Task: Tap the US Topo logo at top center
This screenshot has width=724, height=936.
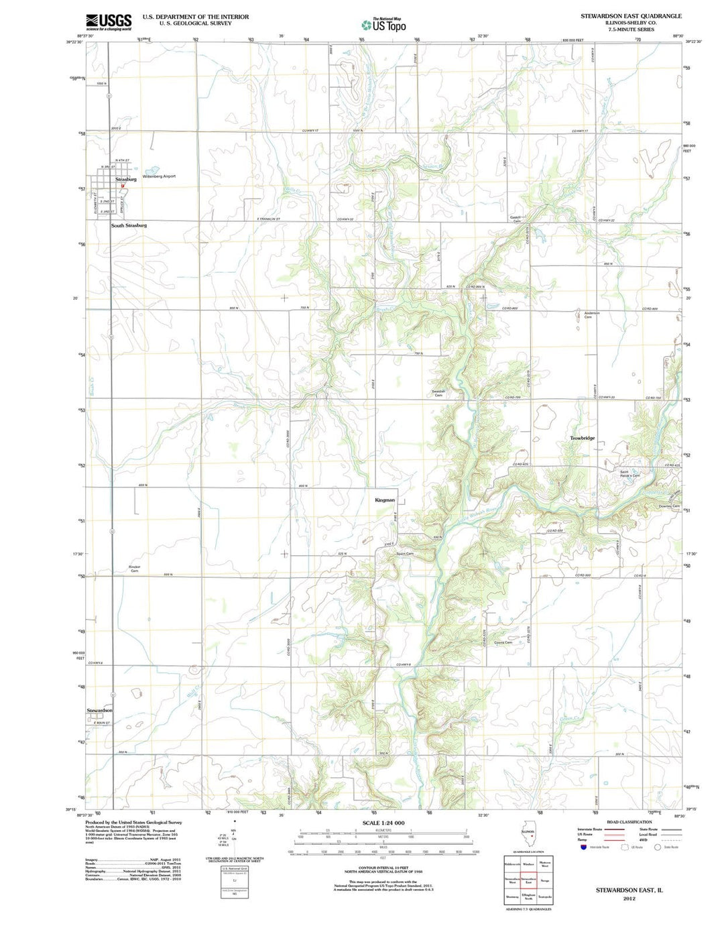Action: click(383, 25)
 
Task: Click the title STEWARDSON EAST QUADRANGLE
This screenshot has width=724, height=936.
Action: click(631, 15)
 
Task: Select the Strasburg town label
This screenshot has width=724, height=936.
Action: click(125, 179)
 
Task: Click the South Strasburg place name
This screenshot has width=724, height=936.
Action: click(129, 225)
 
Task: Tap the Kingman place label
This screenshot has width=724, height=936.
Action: click(385, 500)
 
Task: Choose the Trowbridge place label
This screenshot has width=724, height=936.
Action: click(582, 438)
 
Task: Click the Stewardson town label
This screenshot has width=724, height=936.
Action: click(99, 710)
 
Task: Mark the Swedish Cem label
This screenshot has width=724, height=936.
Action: click(438, 394)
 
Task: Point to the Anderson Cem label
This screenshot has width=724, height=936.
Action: click(591, 315)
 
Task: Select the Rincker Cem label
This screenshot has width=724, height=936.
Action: click(135, 569)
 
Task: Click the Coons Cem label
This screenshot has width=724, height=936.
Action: click(503, 642)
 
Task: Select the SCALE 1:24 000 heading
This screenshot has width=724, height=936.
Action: click(383, 823)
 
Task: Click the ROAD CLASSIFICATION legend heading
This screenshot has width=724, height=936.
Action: click(629, 821)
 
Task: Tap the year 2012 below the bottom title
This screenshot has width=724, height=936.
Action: click(629, 898)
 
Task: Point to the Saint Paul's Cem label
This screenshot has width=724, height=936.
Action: click(629, 474)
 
